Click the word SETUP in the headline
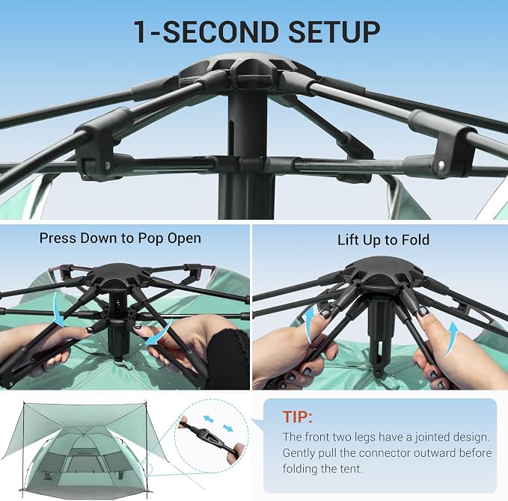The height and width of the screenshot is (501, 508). pyautogui.click(x=334, y=31)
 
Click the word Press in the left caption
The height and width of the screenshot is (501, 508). pyautogui.click(x=58, y=238)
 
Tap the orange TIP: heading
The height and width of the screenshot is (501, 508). pyautogui.click(x=298, y=417)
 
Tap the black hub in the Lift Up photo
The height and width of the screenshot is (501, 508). pyautogui.click(x=382, y=271)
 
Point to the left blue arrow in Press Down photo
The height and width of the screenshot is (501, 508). pyautogui.click(x=58, y=310)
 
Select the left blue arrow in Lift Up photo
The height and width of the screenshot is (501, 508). pyautogui.click(x=310, y=324)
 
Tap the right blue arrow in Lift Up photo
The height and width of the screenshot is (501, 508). pyautogui.click(x=453, y=340)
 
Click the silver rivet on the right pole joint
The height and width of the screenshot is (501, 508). pyautogui.click(x=441, y=165)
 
